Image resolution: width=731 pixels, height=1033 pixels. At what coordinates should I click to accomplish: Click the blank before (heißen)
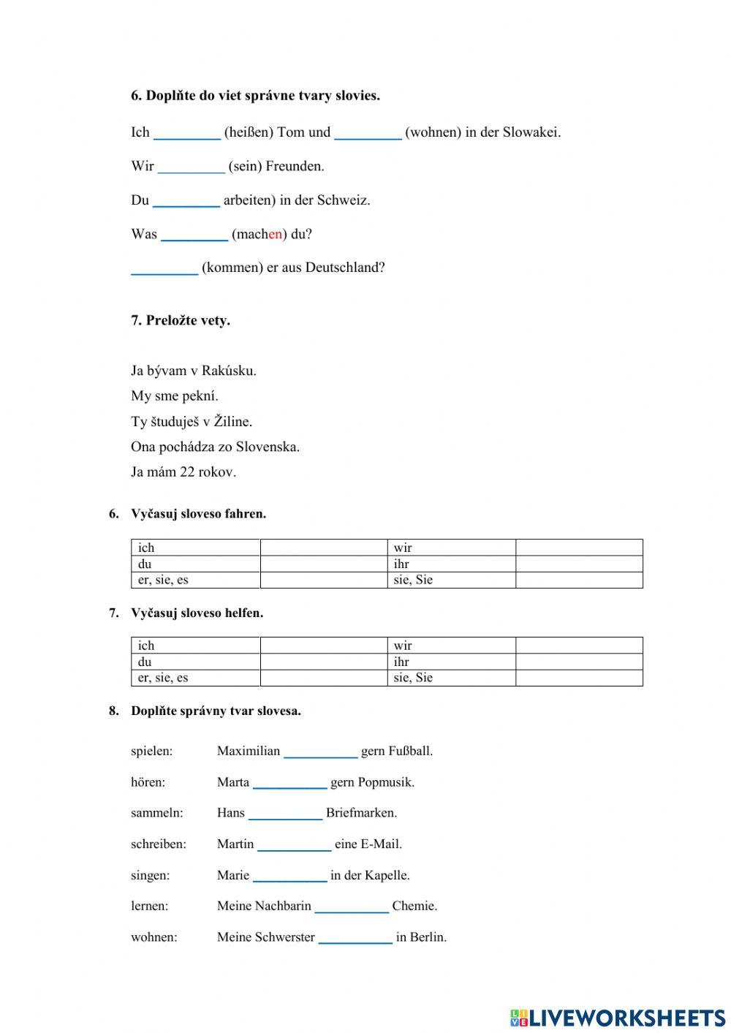(x=187, y=133)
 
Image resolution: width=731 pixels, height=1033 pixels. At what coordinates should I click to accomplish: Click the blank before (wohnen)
(x=368, y=133)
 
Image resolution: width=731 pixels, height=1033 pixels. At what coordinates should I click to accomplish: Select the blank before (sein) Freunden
(x=191, y=167)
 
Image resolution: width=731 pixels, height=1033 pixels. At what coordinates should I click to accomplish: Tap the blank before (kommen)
(x=164, y=268)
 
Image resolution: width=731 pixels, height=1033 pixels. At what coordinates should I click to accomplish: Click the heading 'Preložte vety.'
(x=188, y=320)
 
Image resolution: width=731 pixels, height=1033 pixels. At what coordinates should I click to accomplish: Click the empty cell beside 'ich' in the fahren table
(x=323, y=548)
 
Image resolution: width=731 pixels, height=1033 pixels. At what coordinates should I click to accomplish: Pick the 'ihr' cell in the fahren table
(x=451, y=564)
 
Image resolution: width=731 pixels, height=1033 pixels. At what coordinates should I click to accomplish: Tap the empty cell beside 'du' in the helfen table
(x=323, y=662)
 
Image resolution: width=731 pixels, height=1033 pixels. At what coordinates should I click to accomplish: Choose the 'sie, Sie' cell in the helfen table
(x=451, y=678)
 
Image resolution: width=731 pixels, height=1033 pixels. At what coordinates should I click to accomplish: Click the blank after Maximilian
(x=320, y=752)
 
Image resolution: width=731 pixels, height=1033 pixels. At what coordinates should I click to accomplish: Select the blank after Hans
(x=285, y=814)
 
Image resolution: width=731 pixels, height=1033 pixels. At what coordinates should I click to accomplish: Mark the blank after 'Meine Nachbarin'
(x=352, y=907)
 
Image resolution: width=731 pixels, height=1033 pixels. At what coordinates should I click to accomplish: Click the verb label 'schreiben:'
(x=159, y=844)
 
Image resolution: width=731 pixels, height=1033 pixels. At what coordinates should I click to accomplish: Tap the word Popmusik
(x=387, y=782)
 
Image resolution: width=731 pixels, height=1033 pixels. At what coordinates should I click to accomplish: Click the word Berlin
(x=429, y=937)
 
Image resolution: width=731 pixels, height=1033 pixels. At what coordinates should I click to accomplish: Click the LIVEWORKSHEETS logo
(x=618, y=1017)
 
